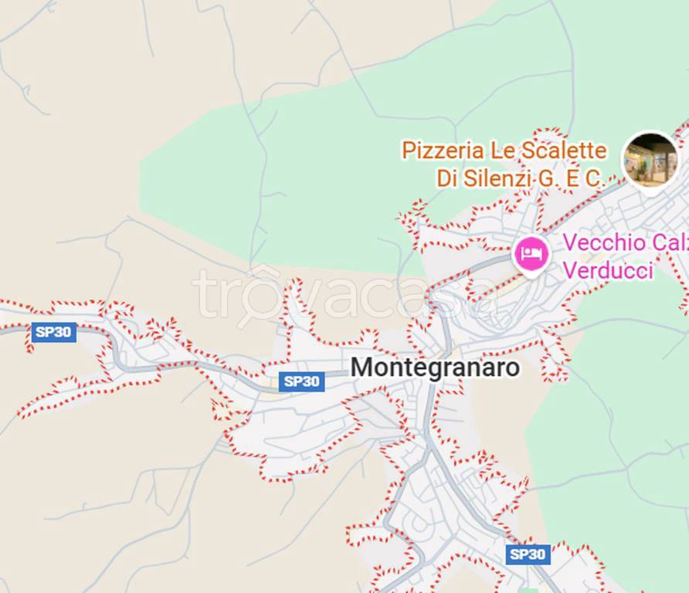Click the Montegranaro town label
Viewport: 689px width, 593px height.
pyautogui.click(x=435, y=368)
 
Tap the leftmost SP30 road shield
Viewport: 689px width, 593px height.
pyautogui.click(x=54, y=332)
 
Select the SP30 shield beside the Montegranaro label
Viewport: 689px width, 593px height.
pyautogui.click(x=302, y=381)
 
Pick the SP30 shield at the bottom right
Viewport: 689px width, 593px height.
pyautogui.click(x=528, y=554)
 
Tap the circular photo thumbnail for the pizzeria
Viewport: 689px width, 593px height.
pyautogui.click(x=650, y=160)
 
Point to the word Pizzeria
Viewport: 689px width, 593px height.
pyautogui.click(x=443, y=151)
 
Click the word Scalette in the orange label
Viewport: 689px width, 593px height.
pyautogui.click(x=562, y=151)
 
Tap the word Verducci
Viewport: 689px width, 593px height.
pyautogui.click(x=608, y=271)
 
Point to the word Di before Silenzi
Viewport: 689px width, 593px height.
pyautogui.click(x=449, y=178)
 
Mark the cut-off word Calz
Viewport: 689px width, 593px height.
pyautogui.click(x=669, y=242)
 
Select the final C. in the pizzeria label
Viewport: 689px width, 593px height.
pyautogui.click(x=593, y=178)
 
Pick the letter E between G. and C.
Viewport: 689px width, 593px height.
pyautogui.click(x=570, y=178)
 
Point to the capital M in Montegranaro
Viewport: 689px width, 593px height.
pyautogui.click(x=361, y=368)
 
